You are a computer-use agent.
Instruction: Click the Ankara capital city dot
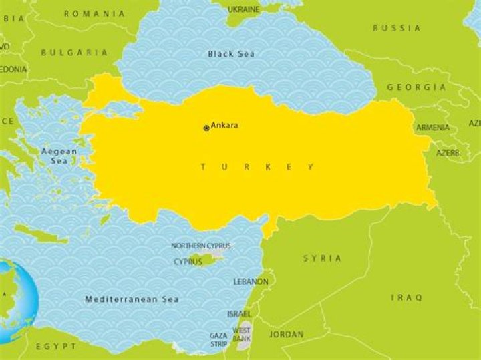tap(206, 127)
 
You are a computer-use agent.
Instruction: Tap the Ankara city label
tap(225, 126)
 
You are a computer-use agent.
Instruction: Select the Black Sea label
tap(230, 53)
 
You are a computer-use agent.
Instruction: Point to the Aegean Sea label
tap(59, 156)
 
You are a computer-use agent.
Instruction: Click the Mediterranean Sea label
tap(132, 299)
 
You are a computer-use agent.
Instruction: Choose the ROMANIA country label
tap(94, 13)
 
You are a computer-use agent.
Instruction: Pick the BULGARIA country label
tap(74, 52)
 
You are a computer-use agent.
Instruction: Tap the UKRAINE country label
tap(244, 9)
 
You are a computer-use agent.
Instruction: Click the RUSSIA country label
tap(397, 28)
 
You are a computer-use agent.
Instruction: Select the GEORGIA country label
tap(416, 87)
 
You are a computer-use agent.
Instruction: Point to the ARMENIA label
tap(433, 128)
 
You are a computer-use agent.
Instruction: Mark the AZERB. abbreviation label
tap(448, 153)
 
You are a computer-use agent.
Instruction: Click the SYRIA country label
tap(322, 258)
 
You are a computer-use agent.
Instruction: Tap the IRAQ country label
tap(407, 297)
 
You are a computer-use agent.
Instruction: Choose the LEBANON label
tap(251, 282)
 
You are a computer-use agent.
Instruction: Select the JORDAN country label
tap(286, 334)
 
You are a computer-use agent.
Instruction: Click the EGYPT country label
tap(56, 347)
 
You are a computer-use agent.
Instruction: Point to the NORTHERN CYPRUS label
tap(200, 246)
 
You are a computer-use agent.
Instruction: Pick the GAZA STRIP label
tap(218, 340)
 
